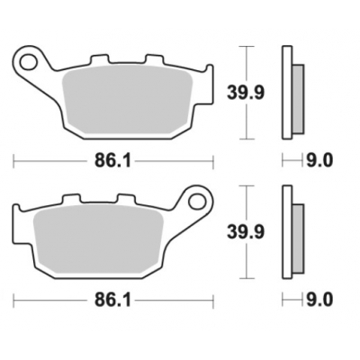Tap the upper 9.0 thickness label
(319, 161)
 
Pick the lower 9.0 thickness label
(319, 299)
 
